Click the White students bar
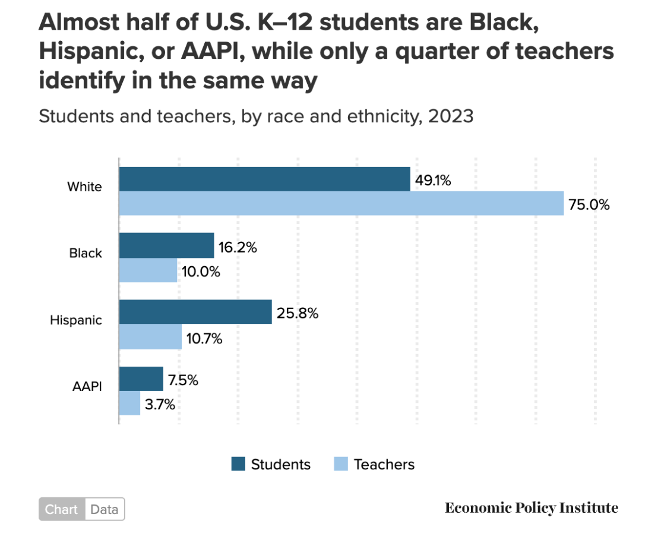[264, 179]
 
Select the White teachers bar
[341, 203]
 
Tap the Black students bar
[166, 245]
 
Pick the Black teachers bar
[148, 270]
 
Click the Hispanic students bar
[195, 312]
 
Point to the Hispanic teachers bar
[150, 337]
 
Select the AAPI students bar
[141, 379]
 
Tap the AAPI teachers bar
[129, 403]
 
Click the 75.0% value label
[589, 205]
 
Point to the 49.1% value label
[433, 181]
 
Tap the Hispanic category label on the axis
[76, 320]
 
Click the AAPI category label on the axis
[87, 386]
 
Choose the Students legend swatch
[238, 464]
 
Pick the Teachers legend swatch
[341, 464]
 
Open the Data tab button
[105, 509]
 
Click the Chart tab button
[62, 509]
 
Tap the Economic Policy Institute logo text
[532, 508]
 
